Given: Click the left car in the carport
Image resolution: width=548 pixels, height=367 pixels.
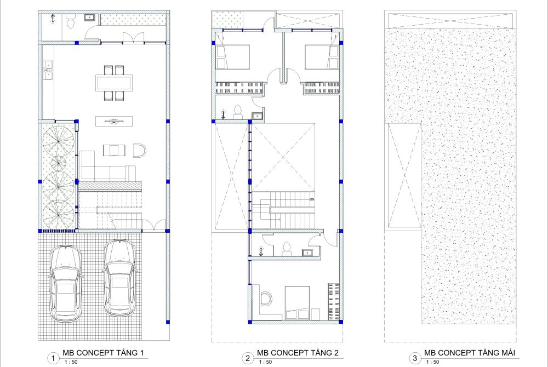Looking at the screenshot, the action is click(x=65, y=284).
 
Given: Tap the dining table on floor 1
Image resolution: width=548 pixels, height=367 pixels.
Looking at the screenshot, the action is click(x=114, y=83).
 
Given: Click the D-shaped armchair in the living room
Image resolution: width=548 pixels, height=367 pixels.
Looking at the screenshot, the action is click(x=139, y=151).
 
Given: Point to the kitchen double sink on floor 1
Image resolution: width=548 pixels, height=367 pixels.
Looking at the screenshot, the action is click(x=48, y=70).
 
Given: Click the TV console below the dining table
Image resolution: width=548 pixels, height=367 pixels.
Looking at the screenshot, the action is click(x=114, y=121).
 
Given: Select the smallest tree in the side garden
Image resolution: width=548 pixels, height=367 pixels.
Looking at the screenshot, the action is click(x=59, y=163).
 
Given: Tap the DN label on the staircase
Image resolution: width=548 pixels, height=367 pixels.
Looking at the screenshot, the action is click(x=312, y=199).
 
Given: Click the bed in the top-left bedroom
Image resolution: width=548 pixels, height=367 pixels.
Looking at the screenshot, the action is click(x=233, y=57).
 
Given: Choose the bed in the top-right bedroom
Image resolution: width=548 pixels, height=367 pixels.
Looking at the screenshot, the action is click(x=322, y=57).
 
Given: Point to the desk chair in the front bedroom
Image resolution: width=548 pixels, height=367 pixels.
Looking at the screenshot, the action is click(x=266, y=299).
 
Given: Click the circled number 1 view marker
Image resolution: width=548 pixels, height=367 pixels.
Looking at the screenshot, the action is click(x=53, y=358).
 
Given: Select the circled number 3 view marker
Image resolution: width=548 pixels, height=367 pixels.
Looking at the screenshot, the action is click(x=415, y=358).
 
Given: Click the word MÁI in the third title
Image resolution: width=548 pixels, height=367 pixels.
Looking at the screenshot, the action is click(x=507, y=353).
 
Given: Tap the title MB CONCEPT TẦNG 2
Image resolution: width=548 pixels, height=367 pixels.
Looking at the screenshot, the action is click(x=298, y=353).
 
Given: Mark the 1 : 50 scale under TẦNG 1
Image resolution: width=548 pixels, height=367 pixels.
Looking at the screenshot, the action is click(x=71, y=362).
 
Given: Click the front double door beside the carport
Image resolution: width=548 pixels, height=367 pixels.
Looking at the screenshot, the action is click(x=154, y=225).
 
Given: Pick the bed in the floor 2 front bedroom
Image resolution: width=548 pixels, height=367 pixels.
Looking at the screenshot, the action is click(x=298, y=303).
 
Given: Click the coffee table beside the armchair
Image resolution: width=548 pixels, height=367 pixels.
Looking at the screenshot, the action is click(x=114, y=150).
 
